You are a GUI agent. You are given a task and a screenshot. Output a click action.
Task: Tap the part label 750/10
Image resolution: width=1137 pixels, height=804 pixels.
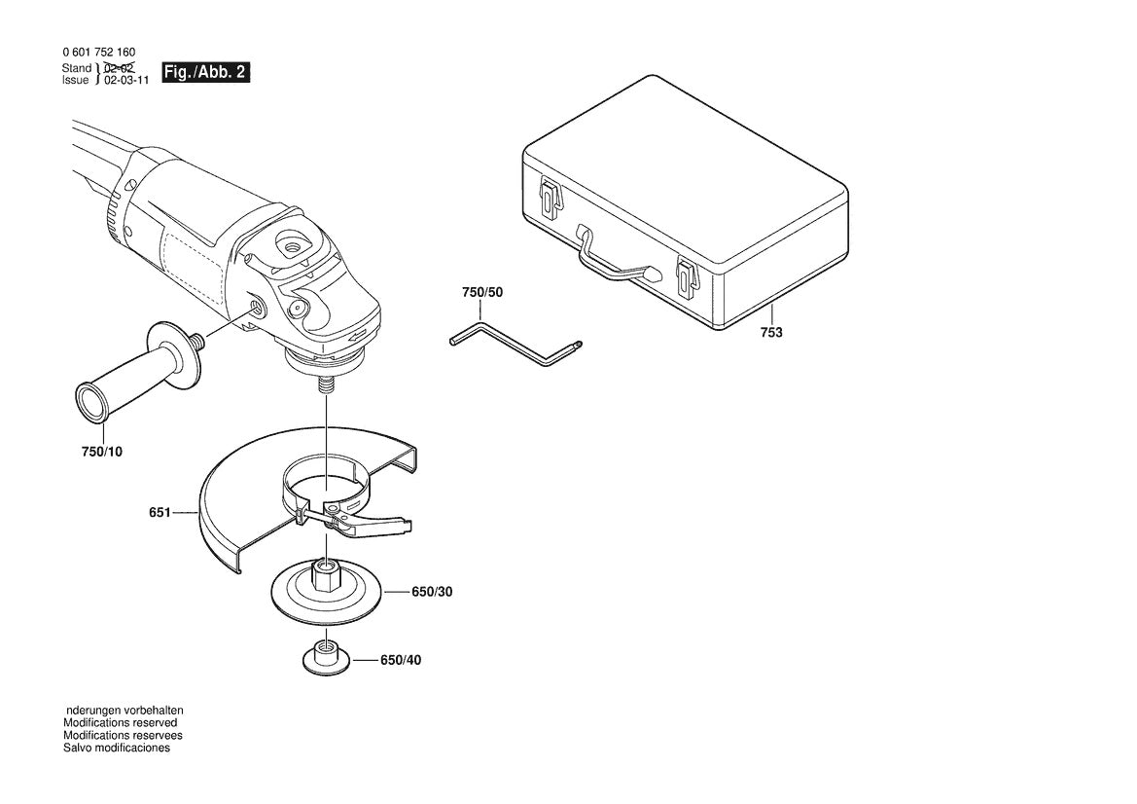[101, 451]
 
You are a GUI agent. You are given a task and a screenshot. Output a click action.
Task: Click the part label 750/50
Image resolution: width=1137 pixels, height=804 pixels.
[482, 293]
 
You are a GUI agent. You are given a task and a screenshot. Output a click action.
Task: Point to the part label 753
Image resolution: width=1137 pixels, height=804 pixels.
[771, 332]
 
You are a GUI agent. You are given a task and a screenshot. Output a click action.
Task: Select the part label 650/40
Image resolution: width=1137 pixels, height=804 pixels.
[401, 660]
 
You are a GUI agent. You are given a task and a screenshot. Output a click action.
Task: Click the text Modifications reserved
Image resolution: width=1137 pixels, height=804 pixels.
[121, 723]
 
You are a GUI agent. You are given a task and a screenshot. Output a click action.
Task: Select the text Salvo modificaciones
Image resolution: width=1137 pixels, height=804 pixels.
[117, 748]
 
